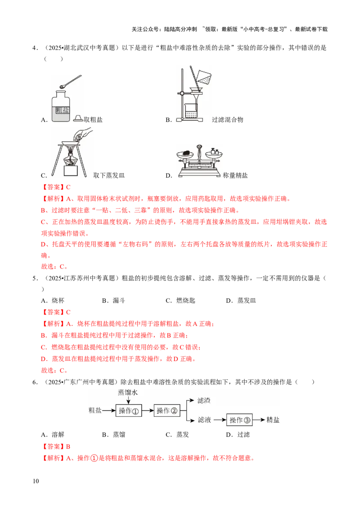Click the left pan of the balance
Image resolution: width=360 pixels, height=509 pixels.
(186, 154)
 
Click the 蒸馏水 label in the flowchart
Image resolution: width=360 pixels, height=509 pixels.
(128, 392)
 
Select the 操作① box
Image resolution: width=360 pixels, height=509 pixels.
(129, 411)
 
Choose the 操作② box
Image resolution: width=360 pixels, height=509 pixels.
(167, 411)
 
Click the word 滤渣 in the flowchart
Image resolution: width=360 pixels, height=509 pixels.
(204, 400)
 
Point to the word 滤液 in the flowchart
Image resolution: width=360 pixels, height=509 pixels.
(204, 420)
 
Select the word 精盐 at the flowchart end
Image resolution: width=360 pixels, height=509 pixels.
(273, 420)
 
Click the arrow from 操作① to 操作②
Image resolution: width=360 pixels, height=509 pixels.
(148, 411)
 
